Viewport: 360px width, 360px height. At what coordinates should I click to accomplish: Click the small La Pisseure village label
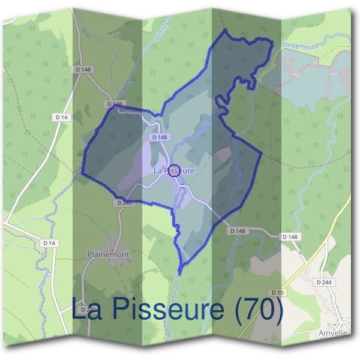coord(174,171)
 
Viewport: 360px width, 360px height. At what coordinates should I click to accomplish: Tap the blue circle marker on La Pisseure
coord(174,170)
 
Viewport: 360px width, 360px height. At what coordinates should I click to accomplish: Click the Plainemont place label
coord(108,254)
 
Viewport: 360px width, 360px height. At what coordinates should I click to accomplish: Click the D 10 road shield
coord(277,292)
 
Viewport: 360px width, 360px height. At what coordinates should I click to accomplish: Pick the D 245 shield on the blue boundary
coord(124,203)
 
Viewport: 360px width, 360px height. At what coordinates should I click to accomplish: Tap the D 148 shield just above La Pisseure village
coord(159,137)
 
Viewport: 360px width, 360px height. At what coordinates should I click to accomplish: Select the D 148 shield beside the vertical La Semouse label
coord(238,230)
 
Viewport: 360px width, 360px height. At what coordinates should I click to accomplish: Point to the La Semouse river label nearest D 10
coord(232,259)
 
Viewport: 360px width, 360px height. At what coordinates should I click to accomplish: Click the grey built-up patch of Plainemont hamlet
coord(113,242)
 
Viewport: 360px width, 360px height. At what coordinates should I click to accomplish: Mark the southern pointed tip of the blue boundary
coord(182,265)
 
